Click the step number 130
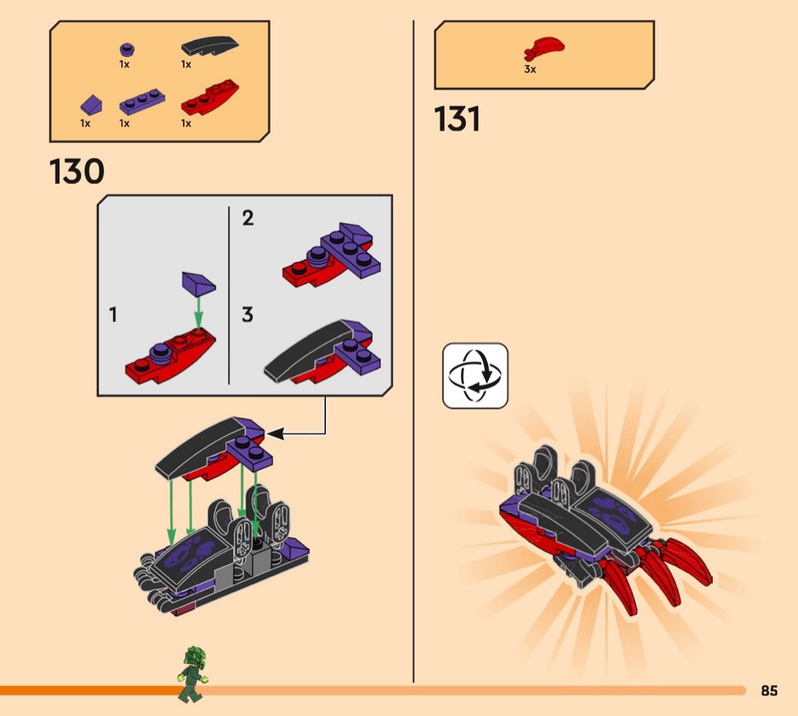[x=77, y=171]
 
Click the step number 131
[x=457, y=119]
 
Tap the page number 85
[x=769, y=691]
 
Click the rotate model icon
[x=475, y=375]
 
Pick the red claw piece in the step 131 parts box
[x=544, y=49]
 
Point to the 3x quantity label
[x=530, y=69]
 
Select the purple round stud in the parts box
[x=127, y=49]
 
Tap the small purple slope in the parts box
[x=91, y=104]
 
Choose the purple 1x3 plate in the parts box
[x=142, y=102]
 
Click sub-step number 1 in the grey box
[x=113, y=315]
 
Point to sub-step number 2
[x=248, y=218]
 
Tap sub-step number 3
[x=247, y=315]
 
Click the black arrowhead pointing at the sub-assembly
[x=275, y=434]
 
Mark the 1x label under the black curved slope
[x=185, y=64]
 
